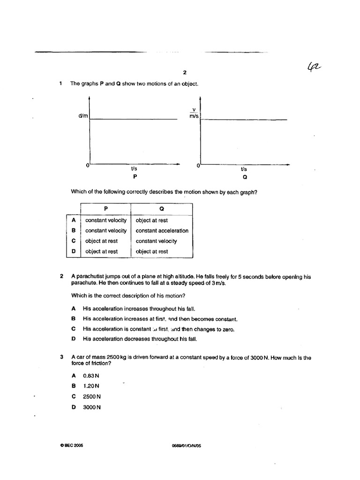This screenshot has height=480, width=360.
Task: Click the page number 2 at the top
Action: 185,73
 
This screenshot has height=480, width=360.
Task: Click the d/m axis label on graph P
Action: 83,116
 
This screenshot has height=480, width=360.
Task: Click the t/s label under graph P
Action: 134,169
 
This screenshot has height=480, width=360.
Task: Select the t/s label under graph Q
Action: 244,169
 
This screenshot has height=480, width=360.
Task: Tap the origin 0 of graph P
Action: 87,165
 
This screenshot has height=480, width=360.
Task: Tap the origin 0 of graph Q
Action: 198,165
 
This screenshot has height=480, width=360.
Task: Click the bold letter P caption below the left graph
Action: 135,178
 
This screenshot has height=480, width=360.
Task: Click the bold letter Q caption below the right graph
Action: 245,178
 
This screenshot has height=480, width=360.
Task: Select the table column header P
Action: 105,210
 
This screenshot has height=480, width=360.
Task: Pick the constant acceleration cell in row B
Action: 162,231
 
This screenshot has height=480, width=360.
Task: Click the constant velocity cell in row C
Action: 156,241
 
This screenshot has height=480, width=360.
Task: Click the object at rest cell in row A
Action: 151,220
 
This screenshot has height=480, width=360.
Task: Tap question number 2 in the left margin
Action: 61,277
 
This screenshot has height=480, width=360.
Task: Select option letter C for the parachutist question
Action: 73,329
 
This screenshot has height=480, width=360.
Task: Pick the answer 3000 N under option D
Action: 92,407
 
